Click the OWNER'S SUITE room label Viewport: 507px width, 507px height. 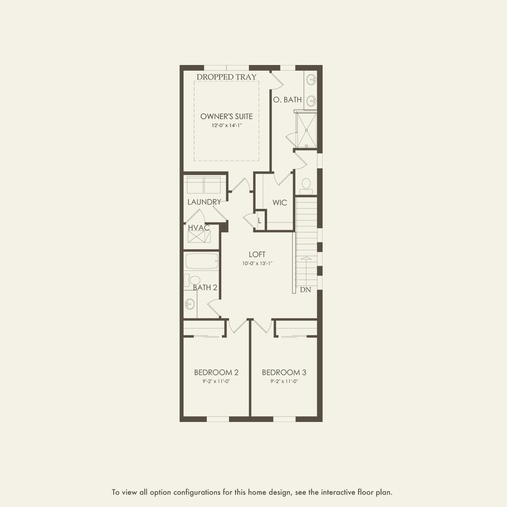click(x=227, y=117)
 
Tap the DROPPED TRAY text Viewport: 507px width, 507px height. click(x=227, y=77)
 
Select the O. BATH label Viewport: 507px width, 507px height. click(x=287, y=100)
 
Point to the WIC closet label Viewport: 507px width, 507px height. click(x=280, y=203)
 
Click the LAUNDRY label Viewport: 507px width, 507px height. click(x=204, y=202)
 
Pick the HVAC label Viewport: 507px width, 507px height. click(x=199, y=228)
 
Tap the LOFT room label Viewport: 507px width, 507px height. click(x=257, y=255)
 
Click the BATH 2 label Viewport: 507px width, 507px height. click(x=205, y=288)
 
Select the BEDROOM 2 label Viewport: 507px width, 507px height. click(x=216, y=372)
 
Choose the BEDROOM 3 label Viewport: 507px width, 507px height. click(x=284, y=372)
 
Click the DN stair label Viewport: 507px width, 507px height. click(x=305, y=290)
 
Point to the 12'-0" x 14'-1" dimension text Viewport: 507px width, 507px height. click(x=227, y=126)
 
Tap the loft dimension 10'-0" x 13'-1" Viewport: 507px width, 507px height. click(x=257, y=264)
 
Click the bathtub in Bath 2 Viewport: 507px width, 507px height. click(x=202, y=261)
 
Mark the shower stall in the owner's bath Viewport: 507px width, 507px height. click(x=306, y=130)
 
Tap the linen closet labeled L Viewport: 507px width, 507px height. click(x=260, y=221)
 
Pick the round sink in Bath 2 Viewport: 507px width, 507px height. click(x=190, y=304)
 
